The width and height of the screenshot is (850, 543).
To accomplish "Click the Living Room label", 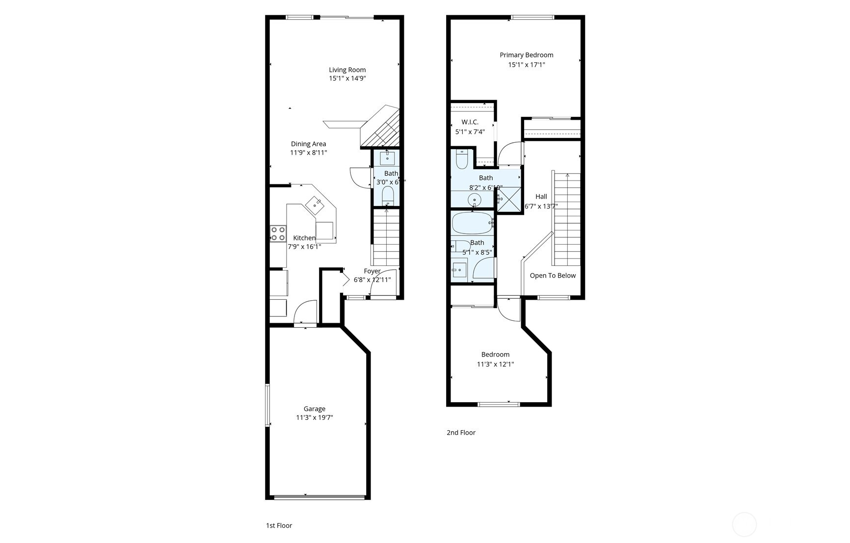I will point(347,70).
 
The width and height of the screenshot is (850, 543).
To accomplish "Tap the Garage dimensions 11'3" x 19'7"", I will point(314,418).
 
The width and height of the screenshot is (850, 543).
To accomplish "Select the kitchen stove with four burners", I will point(278,233).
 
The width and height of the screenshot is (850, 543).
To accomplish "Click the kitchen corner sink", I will point(314,204).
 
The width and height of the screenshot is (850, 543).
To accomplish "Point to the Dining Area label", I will point(308,144).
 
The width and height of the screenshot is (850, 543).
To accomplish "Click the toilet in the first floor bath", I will point(388,195).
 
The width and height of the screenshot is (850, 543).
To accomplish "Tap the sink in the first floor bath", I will point(387,158).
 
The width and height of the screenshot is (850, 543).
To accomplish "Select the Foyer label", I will point(372,271).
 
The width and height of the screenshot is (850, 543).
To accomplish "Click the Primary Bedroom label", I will point(526,55).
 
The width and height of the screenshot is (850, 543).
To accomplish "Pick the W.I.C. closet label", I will point(470,122).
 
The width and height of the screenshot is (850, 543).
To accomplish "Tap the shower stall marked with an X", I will point(509,200).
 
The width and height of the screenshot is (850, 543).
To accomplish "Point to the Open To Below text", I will point(553,275).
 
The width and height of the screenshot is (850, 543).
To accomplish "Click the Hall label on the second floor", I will point(541,196).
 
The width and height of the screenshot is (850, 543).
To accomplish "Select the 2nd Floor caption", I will point(461,432).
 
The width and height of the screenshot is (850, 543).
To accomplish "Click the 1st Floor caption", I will point(279,525).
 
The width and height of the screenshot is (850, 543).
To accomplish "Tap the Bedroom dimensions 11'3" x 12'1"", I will point(495,364).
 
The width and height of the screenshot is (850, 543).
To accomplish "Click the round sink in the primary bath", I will point(474,200).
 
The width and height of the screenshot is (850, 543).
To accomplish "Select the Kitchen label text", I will point(304,238).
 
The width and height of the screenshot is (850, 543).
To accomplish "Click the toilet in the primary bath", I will point(462,159).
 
